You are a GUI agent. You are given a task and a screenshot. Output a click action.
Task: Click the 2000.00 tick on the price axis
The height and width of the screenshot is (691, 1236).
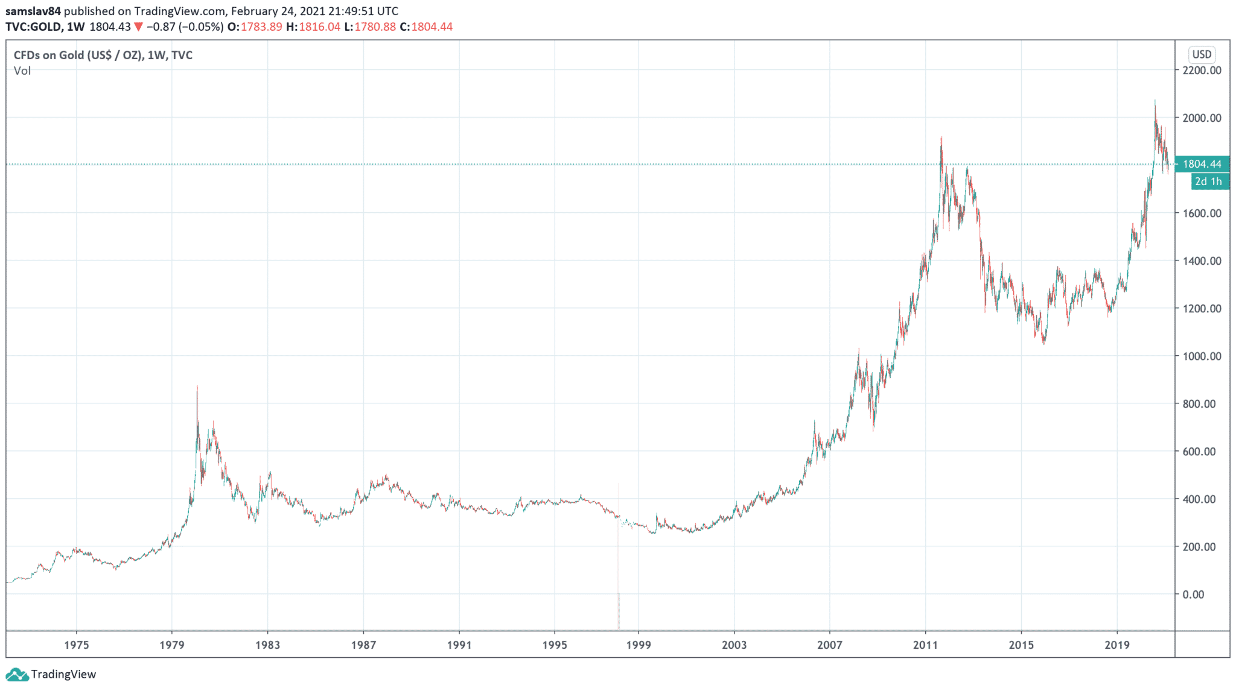[1202, 118]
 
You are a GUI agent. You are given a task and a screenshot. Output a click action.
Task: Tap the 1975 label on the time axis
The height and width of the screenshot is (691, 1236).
[77, 645]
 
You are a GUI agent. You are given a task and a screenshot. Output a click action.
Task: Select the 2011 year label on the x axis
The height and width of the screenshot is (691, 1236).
[925, 645]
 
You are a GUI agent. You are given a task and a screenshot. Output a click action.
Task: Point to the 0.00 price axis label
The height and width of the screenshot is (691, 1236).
[1193, 595]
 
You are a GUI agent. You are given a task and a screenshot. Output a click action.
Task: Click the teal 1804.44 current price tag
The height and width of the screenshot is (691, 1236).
[1202, 164]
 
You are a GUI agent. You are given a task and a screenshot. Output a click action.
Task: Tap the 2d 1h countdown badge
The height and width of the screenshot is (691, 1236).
[1208, 181]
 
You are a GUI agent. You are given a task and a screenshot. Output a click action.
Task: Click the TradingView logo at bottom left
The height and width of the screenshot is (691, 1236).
[51, 674]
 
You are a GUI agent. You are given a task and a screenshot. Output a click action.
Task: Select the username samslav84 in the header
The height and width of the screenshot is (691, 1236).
[33, 11]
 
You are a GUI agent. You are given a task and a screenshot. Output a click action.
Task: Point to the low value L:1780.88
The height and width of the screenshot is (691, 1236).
[370, 27]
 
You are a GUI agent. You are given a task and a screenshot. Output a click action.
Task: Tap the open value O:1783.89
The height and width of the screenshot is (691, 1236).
[255, 27]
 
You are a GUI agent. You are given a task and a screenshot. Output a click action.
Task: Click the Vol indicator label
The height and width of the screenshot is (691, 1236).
[22, 71]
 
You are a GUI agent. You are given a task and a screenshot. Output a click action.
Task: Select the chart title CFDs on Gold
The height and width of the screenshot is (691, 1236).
[103, 55]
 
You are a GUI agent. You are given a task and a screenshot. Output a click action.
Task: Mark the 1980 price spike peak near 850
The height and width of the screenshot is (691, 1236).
[197, 388]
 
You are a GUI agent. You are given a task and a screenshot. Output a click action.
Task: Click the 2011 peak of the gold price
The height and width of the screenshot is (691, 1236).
[941, 139]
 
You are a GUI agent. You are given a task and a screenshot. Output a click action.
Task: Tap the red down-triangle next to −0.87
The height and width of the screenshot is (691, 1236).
[139, 27]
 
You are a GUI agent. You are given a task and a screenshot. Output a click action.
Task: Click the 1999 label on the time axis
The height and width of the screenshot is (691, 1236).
[639, 645]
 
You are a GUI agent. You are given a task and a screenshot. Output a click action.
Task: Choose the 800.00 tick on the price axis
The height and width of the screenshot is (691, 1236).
[1199, 404]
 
